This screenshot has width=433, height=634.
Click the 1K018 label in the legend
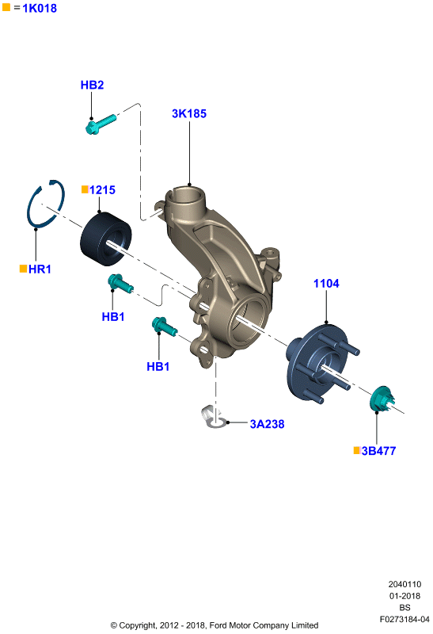click(x=40, y=8)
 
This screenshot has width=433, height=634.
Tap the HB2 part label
click(x=92, y=85)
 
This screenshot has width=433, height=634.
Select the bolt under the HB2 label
click(x=101, y=124)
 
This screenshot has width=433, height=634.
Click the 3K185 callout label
click(x=189, y=113)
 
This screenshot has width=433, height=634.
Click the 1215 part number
click(x=102, y=190)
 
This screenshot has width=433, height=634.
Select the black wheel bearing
click(x=106, y=239)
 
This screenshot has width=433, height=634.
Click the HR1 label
click(x=40, y=269)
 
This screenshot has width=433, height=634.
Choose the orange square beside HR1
click(x=24, y=269)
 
